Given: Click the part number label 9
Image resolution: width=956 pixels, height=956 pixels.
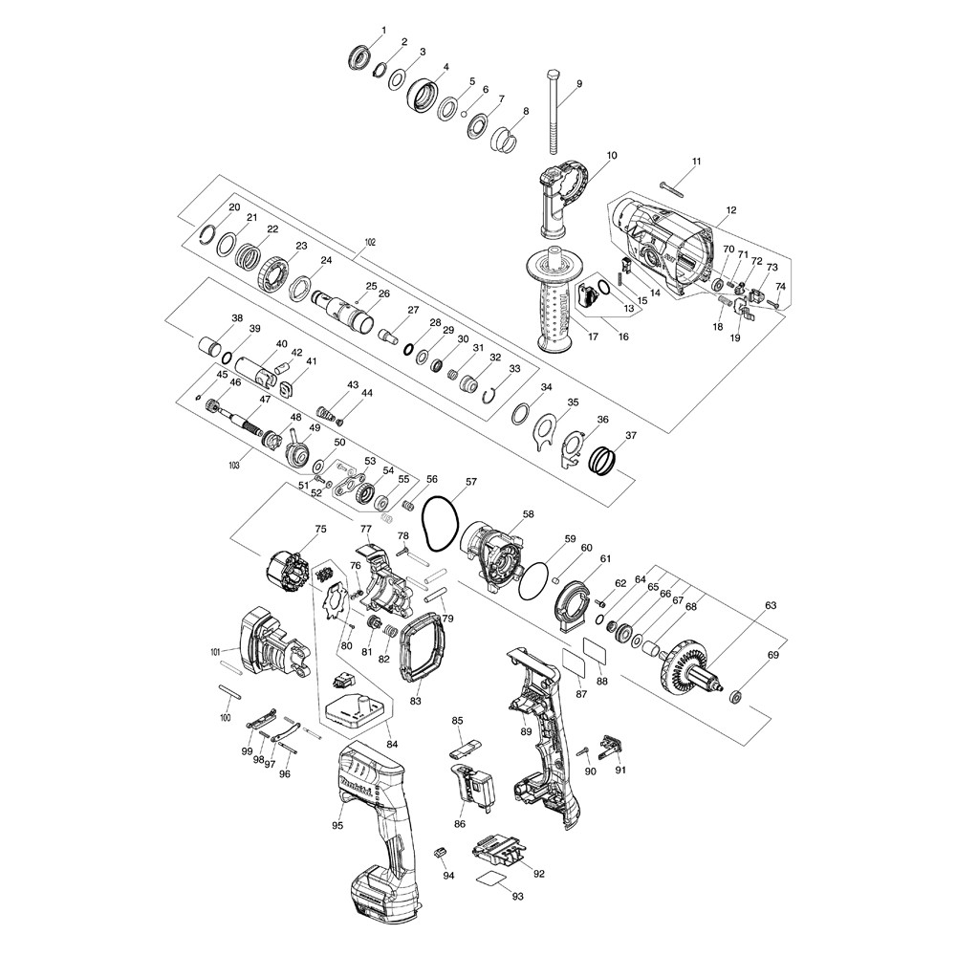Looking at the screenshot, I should [x=578, y=84].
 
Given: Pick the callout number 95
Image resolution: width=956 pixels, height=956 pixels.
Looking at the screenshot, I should [x=337, y=824].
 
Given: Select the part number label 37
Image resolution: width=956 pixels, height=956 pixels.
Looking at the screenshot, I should [x=630, y=437].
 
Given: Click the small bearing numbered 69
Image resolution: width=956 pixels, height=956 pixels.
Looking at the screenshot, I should [x=737, y=695].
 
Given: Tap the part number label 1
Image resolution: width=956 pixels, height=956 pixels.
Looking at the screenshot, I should [x=383, y=31].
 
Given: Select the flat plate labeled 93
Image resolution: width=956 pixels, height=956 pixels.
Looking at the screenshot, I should [x=493, y=880].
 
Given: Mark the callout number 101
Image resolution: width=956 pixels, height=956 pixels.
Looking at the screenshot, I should [x=215, y=652].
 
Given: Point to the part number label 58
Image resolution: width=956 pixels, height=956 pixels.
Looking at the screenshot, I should [x=528, y=514].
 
